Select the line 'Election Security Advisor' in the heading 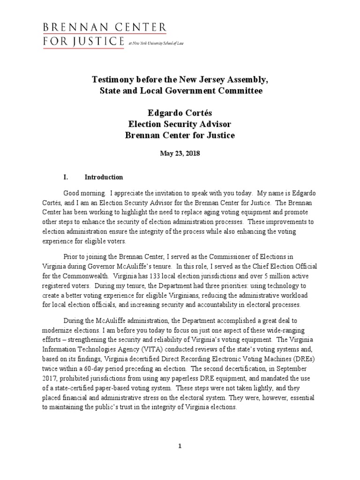tap(180, 124)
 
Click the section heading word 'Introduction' tap(104, 177)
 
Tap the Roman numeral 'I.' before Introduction tap(66, 177)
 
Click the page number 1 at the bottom tap(180, 446)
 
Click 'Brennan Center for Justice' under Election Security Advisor tap(180, 135)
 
